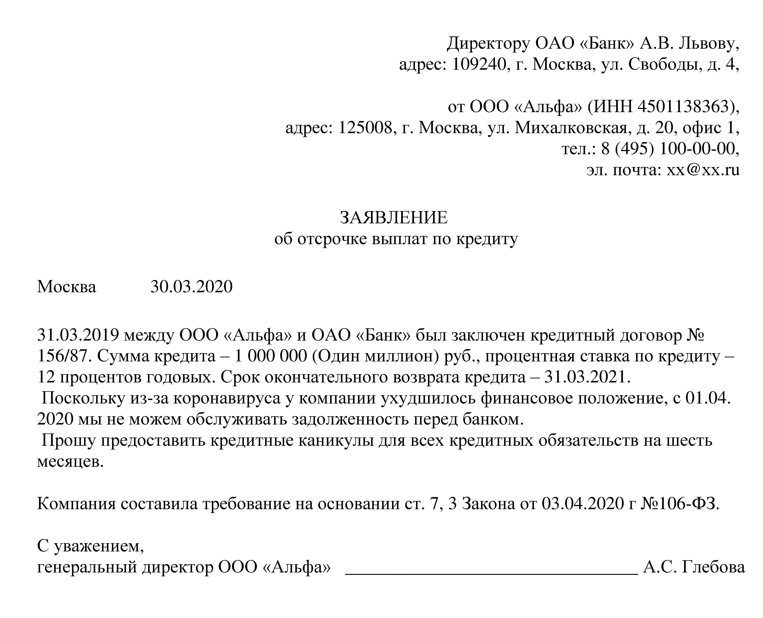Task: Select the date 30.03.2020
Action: tap(191, 287)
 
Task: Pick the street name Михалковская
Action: tap(571, 128)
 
